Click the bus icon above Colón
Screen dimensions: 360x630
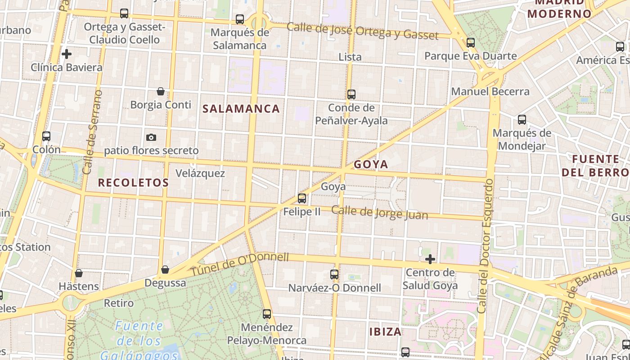[46, 136]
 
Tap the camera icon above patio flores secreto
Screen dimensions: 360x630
[151, 137]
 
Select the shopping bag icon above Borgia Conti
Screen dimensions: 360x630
[161, 92]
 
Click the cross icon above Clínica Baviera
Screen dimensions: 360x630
[67, 54]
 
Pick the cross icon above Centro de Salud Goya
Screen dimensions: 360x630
[430, 259]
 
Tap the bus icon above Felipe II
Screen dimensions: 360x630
[302, 198]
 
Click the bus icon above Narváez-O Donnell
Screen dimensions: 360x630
[334, 274]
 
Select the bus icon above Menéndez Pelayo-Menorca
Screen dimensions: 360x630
[267, 314]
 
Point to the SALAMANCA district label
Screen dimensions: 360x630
[241, 108]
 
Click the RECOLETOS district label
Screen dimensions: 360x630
[133, 182]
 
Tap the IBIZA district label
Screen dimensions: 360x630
[385, 332]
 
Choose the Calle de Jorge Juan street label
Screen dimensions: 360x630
[380, 212]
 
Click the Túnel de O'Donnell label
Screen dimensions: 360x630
[239, 264]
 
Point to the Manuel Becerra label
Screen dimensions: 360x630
[490, 91]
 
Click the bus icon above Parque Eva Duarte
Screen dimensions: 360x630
[471, 43]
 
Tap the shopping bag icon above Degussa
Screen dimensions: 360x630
[165, 270]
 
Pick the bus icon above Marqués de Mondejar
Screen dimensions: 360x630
[522, 120]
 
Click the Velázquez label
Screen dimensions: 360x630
[200, 173]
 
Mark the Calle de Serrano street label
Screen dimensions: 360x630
[92, 132]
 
